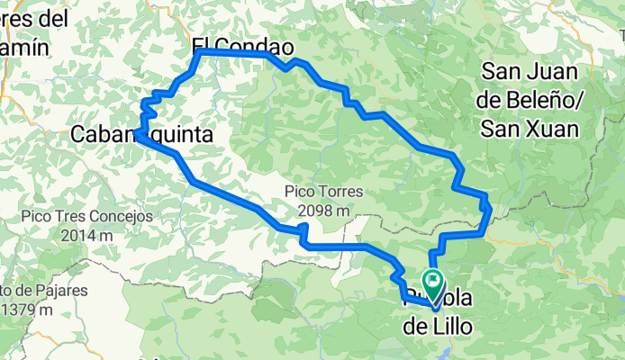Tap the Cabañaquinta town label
141,135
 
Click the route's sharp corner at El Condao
198,53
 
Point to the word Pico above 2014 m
41,217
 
